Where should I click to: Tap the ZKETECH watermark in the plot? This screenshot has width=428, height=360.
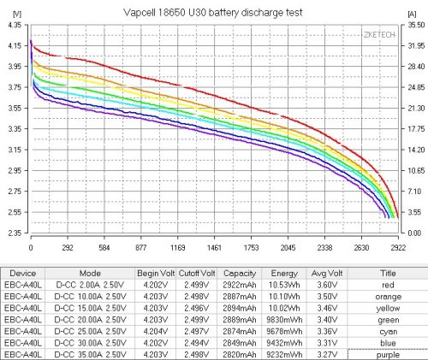(x=378, y=35)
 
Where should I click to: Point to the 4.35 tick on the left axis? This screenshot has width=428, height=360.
(x=15, y=26)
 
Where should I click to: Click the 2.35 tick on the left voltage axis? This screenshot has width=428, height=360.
(x=15, y=233)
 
